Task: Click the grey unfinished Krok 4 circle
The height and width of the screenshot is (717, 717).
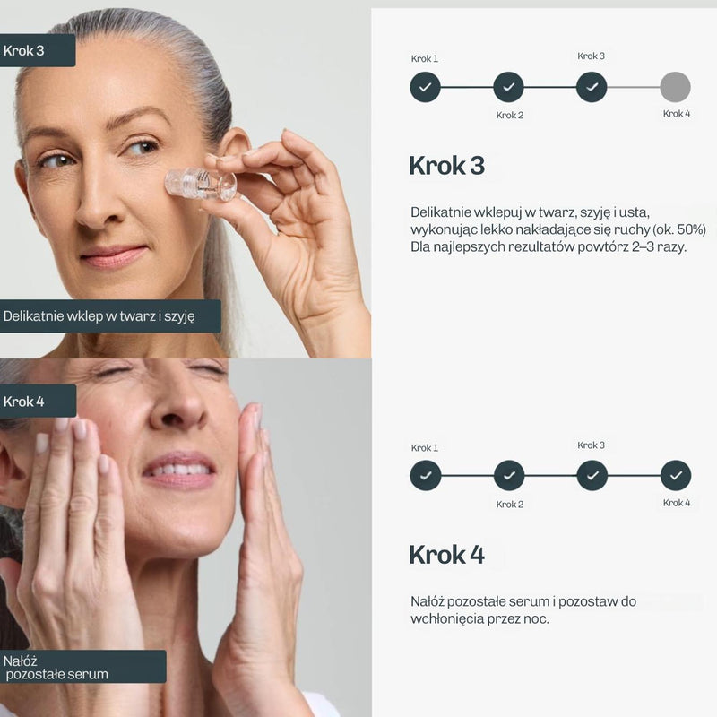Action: pos(675,87)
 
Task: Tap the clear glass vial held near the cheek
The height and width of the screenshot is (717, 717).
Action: pos(201,185)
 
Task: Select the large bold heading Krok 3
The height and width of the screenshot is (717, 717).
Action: pos(446,166)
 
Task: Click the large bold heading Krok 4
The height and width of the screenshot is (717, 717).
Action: pos(446,555)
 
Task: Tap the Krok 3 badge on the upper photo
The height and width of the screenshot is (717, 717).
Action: pos(38,50)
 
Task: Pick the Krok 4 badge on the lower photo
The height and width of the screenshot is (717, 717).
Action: pos(38,401)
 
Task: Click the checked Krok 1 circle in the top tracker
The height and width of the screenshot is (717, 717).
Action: pos(425,87)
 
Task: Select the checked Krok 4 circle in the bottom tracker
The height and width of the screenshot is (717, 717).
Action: pos(676,476)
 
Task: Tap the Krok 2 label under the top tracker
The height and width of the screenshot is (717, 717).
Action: pos(509,116)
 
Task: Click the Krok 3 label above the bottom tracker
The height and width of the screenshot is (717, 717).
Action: pos(591,445)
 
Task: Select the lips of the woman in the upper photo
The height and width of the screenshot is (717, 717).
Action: pos(115,256)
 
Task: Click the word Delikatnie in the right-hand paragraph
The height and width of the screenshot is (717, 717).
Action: pos(440,212)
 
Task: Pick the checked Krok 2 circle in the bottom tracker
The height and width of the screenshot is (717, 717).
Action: pos(509,476)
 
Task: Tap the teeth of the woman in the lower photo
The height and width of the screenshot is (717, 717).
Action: pos(179,470)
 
